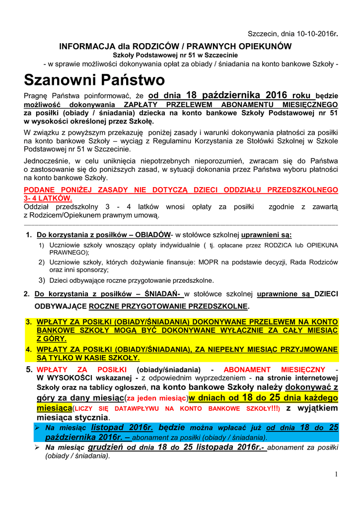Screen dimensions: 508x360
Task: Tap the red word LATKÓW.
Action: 53,197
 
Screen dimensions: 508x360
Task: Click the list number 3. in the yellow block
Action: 29,322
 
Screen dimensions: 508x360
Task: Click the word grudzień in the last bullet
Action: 106,447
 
